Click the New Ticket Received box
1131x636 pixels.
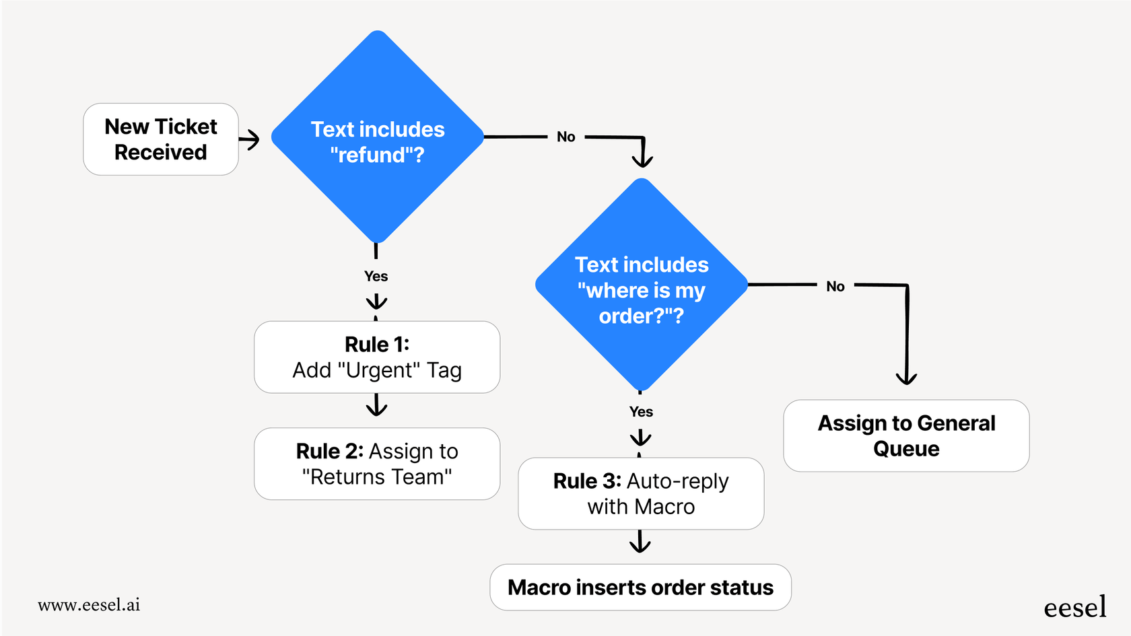(160, 139)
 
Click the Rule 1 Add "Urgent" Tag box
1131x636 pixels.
(377, 357)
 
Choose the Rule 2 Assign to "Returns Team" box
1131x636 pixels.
(377, 464)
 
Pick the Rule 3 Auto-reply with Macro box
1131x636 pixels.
(641, 493)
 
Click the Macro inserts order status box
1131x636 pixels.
(640, 588)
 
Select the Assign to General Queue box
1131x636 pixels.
(906, 435)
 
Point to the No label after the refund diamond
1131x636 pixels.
(566, 137)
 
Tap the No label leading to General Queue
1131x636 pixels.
(835, 287)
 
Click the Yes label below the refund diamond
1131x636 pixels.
(376, 277)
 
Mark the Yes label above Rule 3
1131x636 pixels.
(641, 412)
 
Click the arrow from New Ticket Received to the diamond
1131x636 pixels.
(250, 140)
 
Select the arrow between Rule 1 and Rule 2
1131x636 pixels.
(376, 406)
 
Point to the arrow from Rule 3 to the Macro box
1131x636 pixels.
(640, 542)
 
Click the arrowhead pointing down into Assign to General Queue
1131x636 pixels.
(906, 377)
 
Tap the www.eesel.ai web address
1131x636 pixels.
(89, 605)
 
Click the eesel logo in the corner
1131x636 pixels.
(1074, 607)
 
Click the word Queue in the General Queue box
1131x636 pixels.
(906, 449)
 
